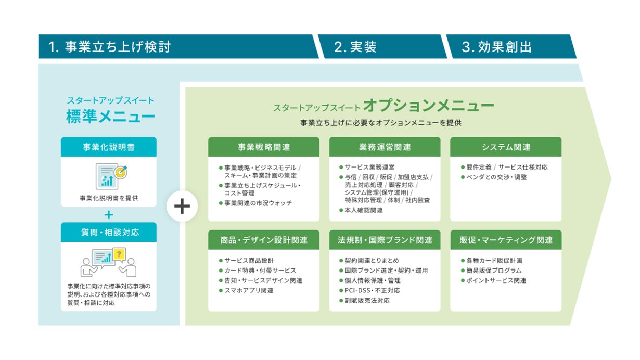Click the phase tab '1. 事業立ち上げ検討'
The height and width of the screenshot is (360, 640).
(x=109, y=47)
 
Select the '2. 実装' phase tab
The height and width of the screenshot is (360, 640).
(x=355, y=47)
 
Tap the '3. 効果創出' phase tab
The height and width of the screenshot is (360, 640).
(x=497, y=47)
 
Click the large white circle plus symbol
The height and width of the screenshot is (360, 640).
(x=182, y=207)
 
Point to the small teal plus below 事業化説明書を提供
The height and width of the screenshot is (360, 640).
(x=109, y=214)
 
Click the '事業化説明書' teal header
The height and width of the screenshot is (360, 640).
(x=109, y=147)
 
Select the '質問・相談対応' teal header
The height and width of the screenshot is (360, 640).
(x=109, y=232)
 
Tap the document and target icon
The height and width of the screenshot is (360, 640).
(x=111, y=176)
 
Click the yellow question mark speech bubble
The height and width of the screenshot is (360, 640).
(x=120, y=254)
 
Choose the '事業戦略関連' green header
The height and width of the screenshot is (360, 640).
(x=264, y=147)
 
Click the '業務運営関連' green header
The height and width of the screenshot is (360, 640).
(x=385, y=147)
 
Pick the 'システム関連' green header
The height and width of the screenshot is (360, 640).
(x=506, y=147)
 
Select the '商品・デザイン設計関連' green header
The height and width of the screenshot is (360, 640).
(x=264, y=240)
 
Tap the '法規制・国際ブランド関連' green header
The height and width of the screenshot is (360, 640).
(x=385, y=240)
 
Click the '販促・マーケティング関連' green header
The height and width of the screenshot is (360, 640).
(x=506, y=240)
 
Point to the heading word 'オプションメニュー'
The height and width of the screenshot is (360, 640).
(x=428, y=106)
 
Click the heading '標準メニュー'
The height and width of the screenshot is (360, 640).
(x=110, y=117)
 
